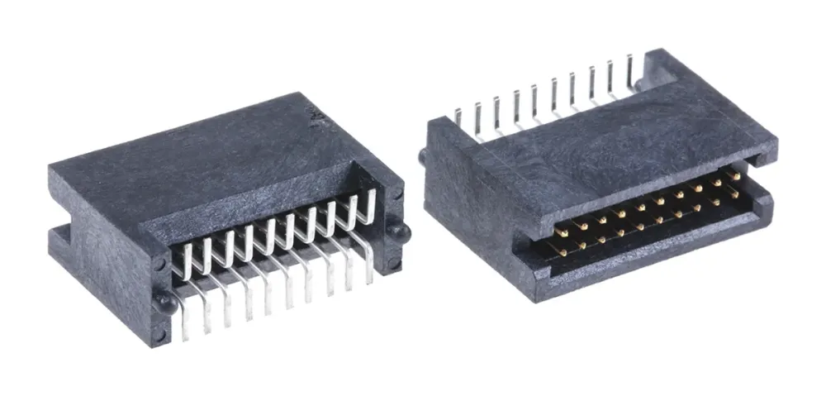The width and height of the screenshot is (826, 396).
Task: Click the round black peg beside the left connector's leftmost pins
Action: [167, 303]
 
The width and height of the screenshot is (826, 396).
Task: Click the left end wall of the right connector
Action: [463, 198]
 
